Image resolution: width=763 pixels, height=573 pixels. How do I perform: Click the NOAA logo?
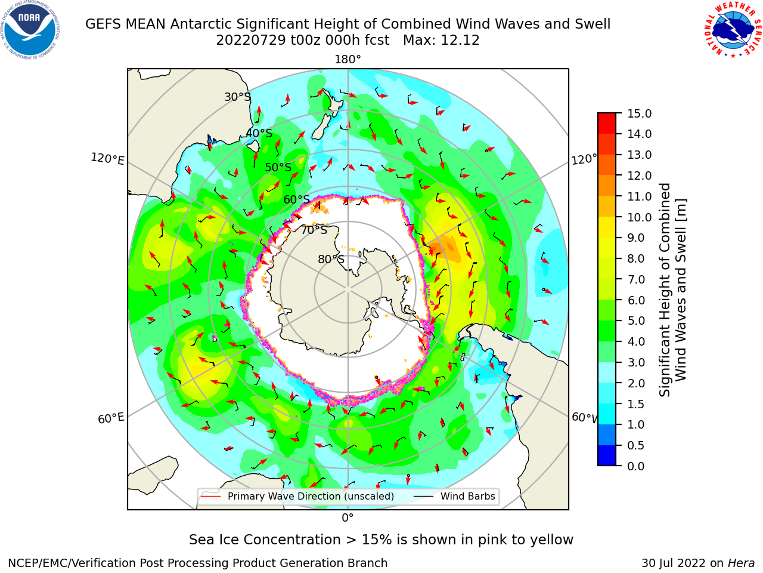click(x=30, y=30)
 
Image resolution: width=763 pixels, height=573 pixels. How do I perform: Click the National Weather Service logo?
click(x=733, y=30)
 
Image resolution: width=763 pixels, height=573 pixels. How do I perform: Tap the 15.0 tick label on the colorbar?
click(x=639, y=113)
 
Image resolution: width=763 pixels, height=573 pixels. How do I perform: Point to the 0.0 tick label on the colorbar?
click(x=636, y=466)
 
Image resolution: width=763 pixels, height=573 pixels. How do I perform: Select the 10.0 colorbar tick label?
click(x=639, y=217)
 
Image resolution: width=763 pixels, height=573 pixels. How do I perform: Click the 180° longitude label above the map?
click(x=348, y=60)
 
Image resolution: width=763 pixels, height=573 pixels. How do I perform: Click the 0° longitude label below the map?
click(x=348, y=518)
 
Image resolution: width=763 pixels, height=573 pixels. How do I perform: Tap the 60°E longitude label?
click(x=111, y=418)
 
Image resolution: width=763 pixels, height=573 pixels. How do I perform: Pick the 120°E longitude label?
click(x=107, y=159)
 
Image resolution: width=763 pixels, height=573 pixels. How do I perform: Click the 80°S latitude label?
click(x=331, y=259)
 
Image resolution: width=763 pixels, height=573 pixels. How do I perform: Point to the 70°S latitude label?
click(x=314, y=230)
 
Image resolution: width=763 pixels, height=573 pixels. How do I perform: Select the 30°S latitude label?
click(x=237, y=97)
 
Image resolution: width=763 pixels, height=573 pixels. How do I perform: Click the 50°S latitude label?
click(x=278, y=167)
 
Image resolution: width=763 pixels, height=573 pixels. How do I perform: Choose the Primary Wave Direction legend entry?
click(x=298, y=496)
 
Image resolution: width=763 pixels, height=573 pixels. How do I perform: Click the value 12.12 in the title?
click(x=460, y=41)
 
